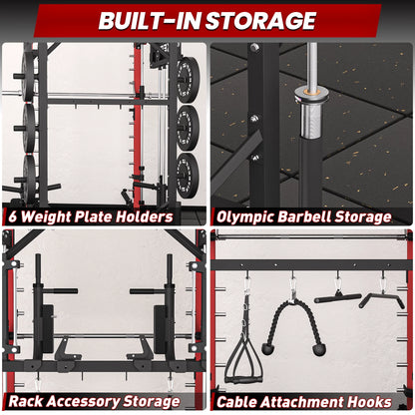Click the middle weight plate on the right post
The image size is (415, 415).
[x=187, y=127]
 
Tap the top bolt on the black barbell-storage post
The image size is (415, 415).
[x=255, y=47]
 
